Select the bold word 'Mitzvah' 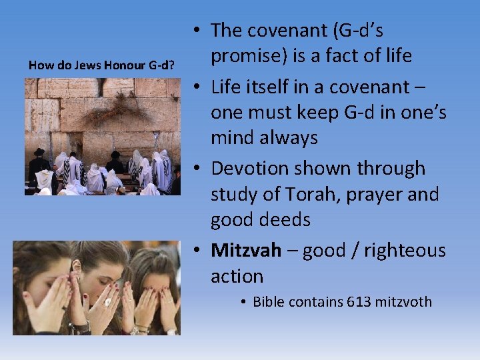coord(246,251)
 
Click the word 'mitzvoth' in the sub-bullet coord(403,302)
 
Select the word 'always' coord(284,138)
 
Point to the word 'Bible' coord(269,302)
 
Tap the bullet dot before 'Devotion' coord(200,169)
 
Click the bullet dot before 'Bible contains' coord(244,303)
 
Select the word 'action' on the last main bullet coord(237,276)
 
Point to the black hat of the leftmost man coord(39,152)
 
